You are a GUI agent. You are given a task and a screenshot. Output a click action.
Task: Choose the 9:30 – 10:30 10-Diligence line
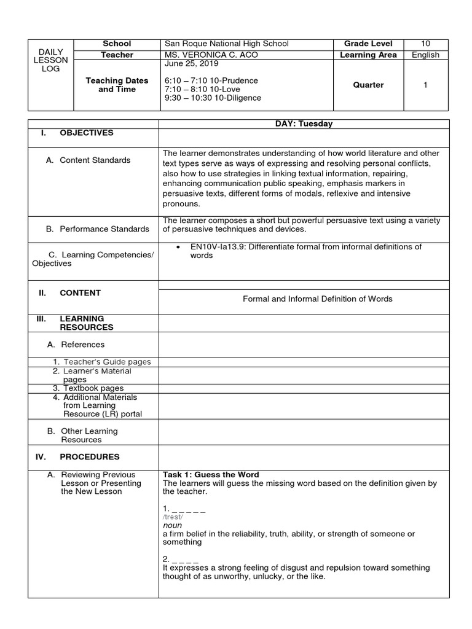(213, 98)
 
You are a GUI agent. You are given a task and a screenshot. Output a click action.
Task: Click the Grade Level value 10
(425, 44)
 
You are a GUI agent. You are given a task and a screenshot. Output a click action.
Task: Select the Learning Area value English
(425, 55)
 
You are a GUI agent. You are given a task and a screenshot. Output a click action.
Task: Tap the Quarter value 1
(425, 85)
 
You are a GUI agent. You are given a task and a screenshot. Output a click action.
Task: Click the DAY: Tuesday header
(304, 123)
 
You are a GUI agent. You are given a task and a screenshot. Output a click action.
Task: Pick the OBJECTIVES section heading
(85, 133)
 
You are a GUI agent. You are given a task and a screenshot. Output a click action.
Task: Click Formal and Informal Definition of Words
(318, 299)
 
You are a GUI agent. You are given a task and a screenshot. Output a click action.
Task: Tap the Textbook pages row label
(92, 388)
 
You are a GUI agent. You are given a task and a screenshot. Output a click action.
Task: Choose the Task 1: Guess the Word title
(211, 475)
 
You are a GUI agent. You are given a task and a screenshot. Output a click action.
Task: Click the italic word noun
(172, 526)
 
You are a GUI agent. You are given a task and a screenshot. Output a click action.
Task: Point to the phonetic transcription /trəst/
(174, 517)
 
